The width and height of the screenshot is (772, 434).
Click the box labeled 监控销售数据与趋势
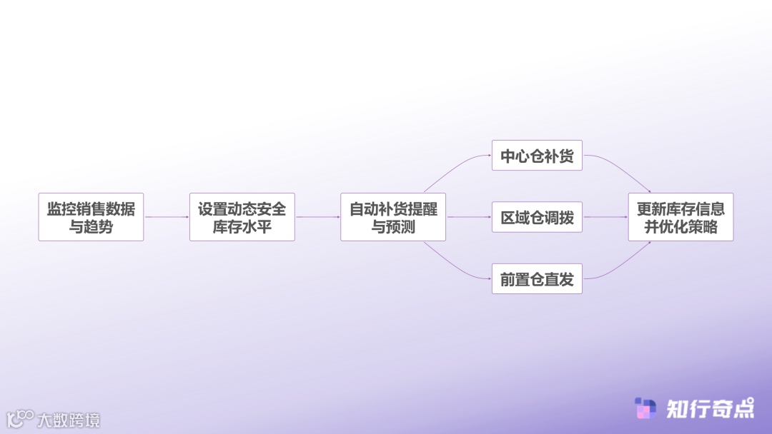[91, 216]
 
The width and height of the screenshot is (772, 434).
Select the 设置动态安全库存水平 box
[242, 216]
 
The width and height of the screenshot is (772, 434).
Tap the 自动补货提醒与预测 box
[393, 216]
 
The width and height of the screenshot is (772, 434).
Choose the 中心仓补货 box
[537, 156]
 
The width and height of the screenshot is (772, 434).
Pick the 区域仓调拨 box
[537, 217]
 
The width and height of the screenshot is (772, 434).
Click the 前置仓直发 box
[537, 279]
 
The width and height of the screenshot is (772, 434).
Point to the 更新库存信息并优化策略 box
[681, 216]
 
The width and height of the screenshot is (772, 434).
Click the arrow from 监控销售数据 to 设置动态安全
[167, 217]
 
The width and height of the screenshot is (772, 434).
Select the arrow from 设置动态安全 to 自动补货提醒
[317, 217]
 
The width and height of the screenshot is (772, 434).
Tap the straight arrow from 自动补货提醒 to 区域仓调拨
[469, 217]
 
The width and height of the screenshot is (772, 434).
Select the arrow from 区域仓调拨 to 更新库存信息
[605, 217]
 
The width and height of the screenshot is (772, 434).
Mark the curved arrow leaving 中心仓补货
[619, 167]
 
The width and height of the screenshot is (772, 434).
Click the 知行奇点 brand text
[710, 408]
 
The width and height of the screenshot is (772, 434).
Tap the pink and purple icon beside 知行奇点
[645, 408]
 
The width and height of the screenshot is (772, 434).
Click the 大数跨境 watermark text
[69, 420]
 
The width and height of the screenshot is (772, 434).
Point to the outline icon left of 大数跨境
[20, 418]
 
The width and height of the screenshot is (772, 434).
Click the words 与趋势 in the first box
[91, 228]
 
